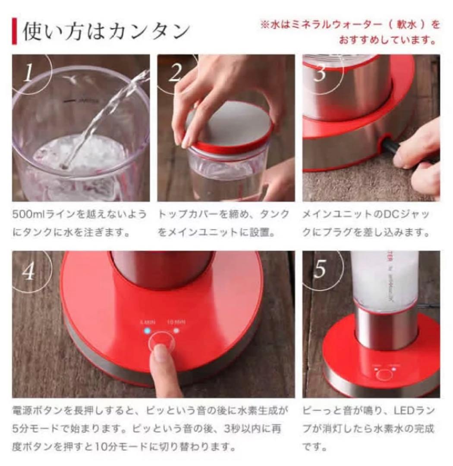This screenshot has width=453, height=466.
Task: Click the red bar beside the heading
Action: click(14, 31)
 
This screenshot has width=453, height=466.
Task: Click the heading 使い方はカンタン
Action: click(106, 31)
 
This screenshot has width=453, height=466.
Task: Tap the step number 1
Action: click(28, 73)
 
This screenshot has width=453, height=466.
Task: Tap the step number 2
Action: click(175, 73)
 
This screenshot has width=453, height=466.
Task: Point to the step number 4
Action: click(28, 271)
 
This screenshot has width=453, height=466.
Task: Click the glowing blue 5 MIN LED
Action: click(147, 331)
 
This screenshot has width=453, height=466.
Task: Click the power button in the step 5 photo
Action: click(384, 374)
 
